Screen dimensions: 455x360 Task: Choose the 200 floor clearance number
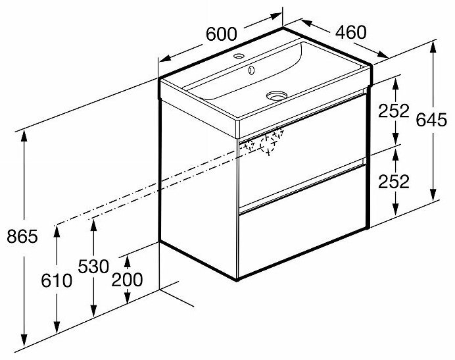point(127,279)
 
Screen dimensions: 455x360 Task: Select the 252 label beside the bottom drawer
point(395,181)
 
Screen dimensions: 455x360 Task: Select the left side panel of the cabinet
point(197,178)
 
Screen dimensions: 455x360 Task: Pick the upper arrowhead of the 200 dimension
point(127,253)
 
